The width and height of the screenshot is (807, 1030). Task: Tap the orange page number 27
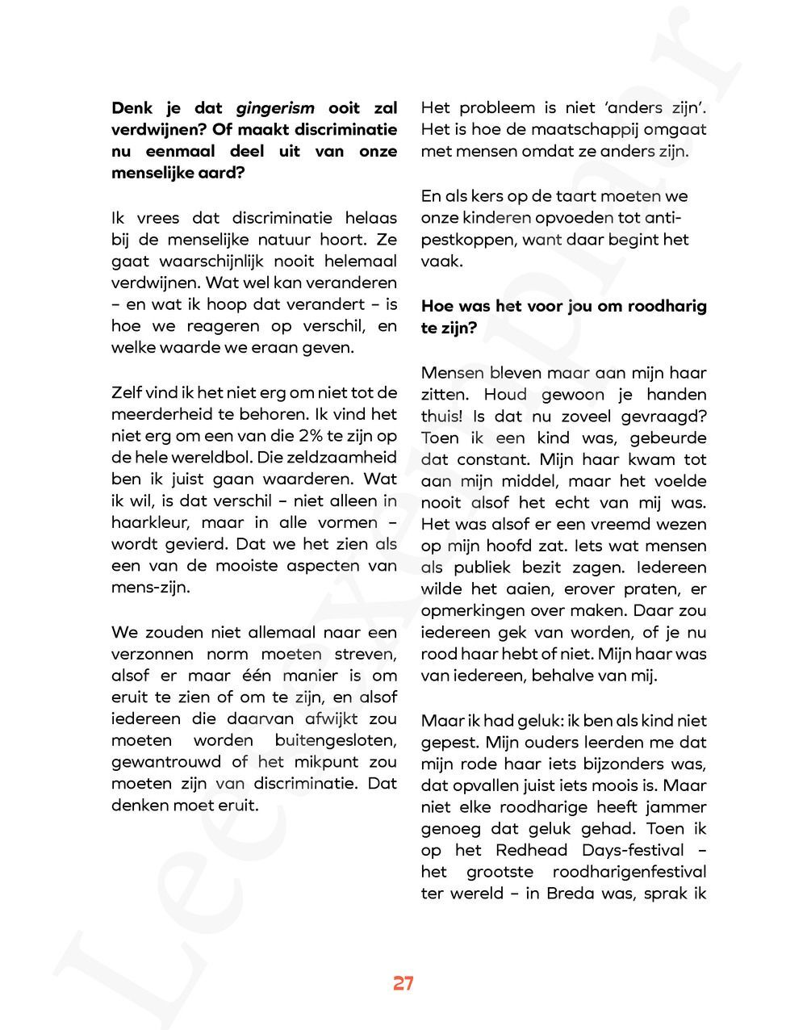(403, 983)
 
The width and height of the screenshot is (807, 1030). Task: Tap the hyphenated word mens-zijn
(151, 587)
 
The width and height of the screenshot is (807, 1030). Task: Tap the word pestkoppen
(467, 240)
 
